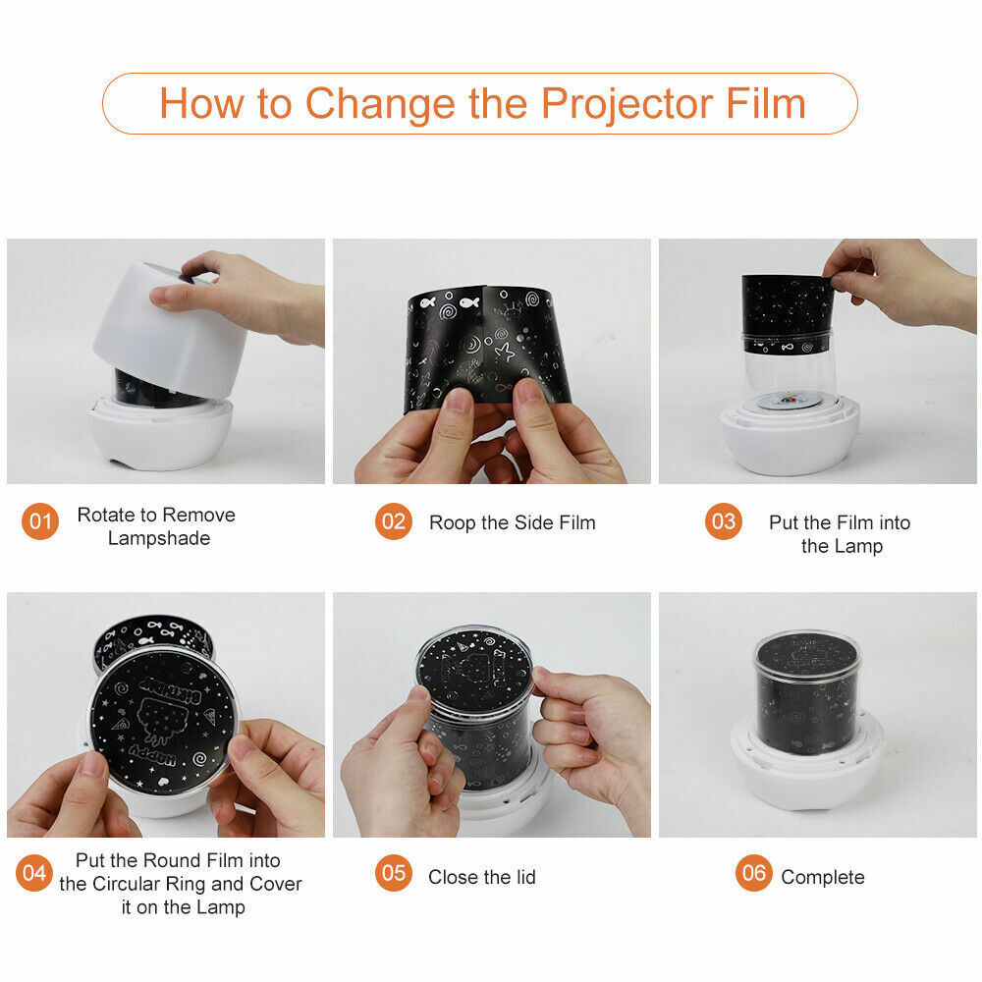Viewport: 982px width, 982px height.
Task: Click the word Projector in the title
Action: [627, 103]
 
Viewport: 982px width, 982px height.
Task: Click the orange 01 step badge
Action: [39, 521]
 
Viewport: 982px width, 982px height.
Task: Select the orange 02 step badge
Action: [394, 521]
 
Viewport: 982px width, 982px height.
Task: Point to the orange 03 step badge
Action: [724, 521]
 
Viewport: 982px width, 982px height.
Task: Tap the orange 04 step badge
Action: [34, 872]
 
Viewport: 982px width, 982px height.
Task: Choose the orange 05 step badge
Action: [394, 872]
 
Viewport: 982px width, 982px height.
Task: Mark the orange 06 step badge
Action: [754, 872]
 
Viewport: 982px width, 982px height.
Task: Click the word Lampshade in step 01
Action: [159, 538]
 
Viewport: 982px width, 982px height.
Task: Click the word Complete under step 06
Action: [822, 877]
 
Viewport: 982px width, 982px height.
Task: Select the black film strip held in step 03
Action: [788, 314]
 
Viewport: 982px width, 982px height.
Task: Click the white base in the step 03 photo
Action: [790, 438]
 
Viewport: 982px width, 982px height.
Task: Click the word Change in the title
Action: [380, 105]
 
